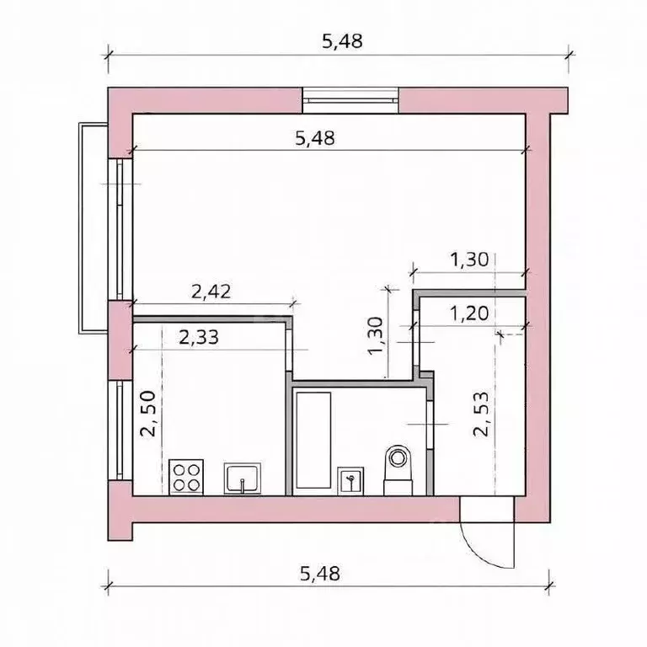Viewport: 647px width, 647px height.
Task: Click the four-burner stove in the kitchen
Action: [x=186, y=477]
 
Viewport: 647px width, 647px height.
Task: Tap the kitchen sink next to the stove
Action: [x=243, y=479]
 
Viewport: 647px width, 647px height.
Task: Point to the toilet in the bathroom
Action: [x=398, y=469]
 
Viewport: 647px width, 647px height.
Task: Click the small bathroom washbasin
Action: [x=350, y=481]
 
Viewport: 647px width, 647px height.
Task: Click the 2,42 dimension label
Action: [x=211, y=292]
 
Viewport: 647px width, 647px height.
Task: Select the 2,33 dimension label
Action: [x=199, y=338]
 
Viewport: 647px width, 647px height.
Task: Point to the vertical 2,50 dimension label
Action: [x=147, y=414]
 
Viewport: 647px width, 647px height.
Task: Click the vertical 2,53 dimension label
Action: [x=481, y=414]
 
